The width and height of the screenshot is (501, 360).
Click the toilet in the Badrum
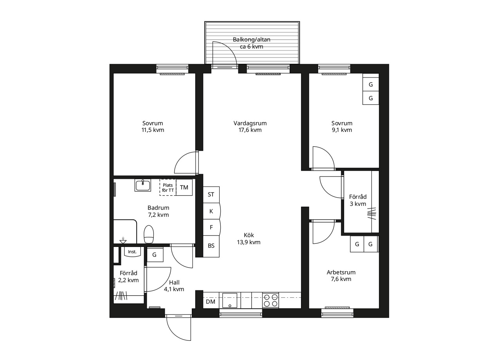point(149,234)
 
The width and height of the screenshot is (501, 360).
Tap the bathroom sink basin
point(143,185)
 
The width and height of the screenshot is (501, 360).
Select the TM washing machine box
point(184,187)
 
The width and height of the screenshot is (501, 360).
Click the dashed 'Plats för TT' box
point(168,187)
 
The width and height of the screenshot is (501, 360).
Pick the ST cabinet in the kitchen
point(211,195)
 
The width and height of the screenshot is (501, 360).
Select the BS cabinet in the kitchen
point(211,246)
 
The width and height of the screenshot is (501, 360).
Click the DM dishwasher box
point(211,302)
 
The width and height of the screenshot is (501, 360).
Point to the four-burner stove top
point(270,300)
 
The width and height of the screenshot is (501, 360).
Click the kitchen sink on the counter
point(230,300)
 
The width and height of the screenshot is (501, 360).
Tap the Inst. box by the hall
point(132,252)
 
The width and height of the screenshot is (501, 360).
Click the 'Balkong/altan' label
point(252,40)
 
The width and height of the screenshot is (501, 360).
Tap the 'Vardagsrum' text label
point(250,123)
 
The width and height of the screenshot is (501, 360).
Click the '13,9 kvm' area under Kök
point(249,242)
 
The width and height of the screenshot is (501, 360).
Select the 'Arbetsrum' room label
point(341,272)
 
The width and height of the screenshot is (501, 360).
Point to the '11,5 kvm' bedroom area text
point(153,130)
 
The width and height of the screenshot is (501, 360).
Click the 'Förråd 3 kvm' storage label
point(358,200)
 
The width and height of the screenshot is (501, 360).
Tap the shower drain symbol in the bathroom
point(123,241)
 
